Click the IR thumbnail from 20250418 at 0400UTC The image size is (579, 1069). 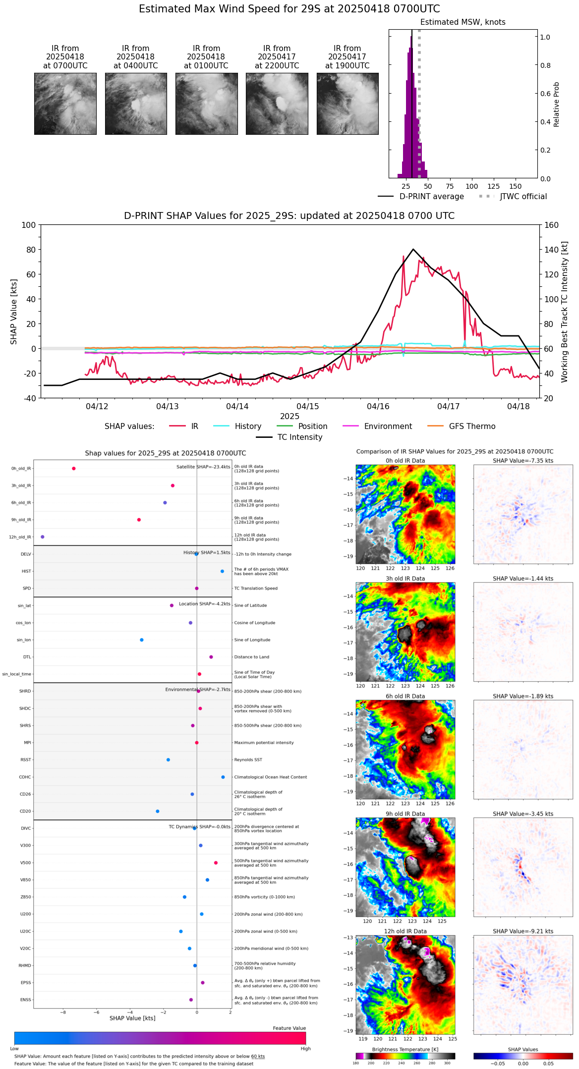coord(136,104)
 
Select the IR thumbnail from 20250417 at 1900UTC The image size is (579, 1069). coord(347,104)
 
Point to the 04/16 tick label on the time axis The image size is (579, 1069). coord(378,406)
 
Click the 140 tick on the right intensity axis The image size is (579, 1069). coord(551,250)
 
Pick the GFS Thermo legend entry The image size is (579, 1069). coord(472,427)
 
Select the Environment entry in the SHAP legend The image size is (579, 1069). coord(388,427)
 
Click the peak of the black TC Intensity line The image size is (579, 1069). coord(413,249)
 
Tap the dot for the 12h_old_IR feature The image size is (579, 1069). coord(43,537)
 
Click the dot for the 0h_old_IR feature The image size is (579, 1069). coord(74,469)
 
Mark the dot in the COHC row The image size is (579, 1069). coord(223,777)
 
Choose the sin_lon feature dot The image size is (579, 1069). coord(142,640)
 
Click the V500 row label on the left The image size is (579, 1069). coord(25,863)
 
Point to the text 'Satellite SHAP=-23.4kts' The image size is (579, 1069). coord(203,467)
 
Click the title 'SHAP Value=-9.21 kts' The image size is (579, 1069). coord(523,931)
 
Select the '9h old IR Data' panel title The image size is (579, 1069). coord(405,814)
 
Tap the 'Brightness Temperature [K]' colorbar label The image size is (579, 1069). coord(405,1049)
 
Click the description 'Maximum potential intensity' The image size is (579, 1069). coord(264,743)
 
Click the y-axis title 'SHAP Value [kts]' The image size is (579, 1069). coord(14,312)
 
